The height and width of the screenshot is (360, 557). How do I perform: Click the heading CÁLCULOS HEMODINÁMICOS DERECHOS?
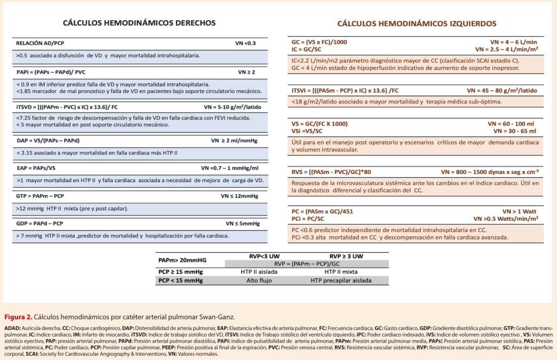coord(139,23)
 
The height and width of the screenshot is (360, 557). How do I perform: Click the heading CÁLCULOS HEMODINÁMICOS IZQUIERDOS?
coord(416,24)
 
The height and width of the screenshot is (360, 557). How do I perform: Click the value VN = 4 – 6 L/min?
coord(514,42)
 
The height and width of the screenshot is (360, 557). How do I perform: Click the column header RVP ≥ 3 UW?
coord(346,256)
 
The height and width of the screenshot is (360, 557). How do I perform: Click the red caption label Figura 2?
coord(17,316)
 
